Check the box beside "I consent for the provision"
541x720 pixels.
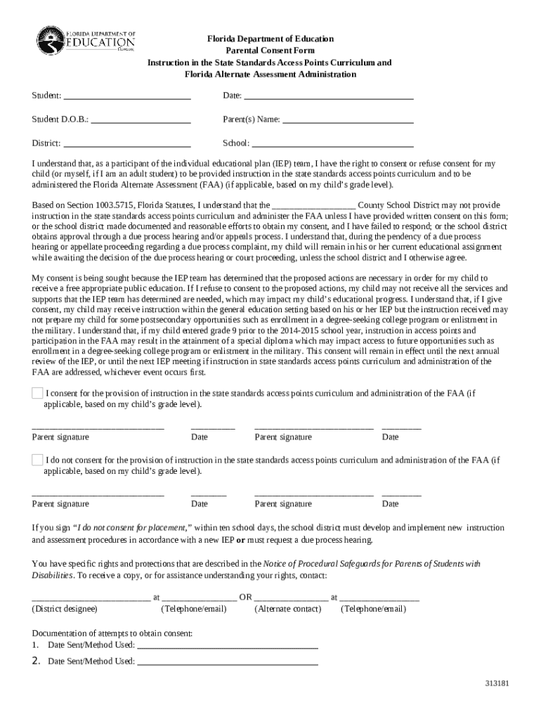point(37,393)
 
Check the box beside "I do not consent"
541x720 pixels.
point(37,460)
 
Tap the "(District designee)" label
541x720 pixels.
point(66,609)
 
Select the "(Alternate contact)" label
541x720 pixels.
point(287,609)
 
